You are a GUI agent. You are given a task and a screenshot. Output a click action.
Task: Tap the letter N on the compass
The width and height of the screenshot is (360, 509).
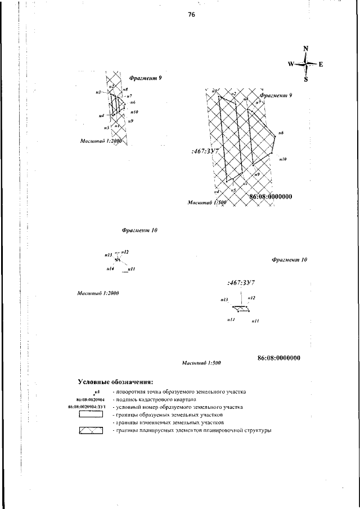(x=305, y=48)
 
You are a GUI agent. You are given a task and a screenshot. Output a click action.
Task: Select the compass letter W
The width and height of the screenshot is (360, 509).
(x=291, y=64)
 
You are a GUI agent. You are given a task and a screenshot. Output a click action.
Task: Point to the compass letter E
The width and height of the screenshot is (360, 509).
(x=321, y=64)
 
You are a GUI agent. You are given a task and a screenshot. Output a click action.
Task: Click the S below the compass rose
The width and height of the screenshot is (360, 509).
(x=306, y=79)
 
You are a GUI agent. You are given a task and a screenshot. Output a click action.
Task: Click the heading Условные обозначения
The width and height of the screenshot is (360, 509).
(x=115, y=382)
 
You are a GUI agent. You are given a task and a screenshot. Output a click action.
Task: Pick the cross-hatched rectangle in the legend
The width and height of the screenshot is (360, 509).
(x=91, y=431)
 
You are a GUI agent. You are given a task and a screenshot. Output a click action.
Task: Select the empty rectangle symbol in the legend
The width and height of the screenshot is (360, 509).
(x=91, y=415)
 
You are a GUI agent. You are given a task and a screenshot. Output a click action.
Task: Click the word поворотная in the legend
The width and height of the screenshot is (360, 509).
(x=132, y=391)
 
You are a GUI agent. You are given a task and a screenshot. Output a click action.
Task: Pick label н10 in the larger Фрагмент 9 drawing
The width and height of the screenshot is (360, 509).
(x=283, y=159)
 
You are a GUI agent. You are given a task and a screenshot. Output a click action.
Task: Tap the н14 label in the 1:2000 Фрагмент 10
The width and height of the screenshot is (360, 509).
(x=110, y=270)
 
